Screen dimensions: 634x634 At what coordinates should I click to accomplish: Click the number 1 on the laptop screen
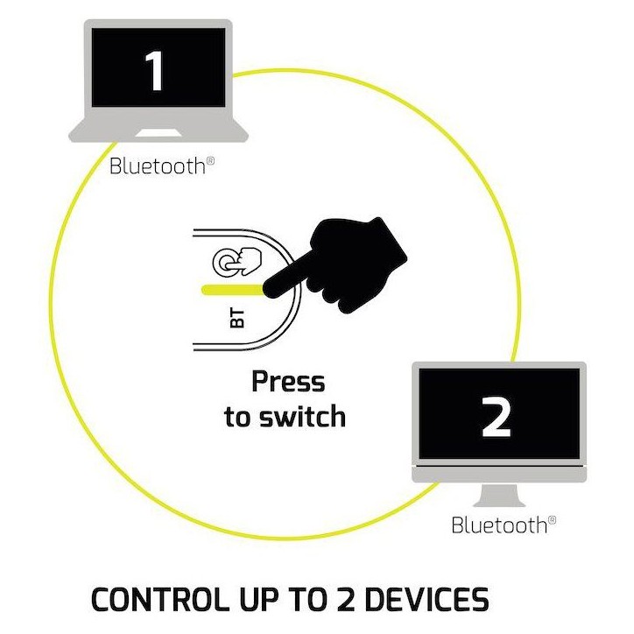pyautogui.click(x=155, y=71)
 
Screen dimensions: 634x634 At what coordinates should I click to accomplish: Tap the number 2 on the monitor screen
pyautogui.click(x=497, y=417)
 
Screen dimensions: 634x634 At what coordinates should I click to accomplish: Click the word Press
pyautogui.click(x=288, y=381)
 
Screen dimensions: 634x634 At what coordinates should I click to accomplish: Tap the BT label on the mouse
pyautogui.click(x=237, y=318)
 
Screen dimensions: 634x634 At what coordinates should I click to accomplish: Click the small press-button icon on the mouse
pyautogui.click(x=237, y=262)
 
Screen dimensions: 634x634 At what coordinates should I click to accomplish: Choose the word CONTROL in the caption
pyautogui.click(x=158, y=600)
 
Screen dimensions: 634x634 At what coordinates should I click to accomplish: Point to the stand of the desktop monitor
pyautogui.click(x=499, y=495)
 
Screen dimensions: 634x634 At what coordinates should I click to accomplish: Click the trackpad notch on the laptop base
pyautogui.click(x=158, y=133)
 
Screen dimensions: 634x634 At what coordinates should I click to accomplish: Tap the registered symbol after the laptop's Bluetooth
pyautogui.click(x=210, y=160)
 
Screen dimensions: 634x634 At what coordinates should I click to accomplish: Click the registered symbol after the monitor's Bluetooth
pyautogui.click(x=552, y=519)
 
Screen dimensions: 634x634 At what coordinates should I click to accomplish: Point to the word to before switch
pyautogui.click(x=238, y=417)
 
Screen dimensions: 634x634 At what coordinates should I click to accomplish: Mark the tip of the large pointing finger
pyautogui.click(x=265, y=290)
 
